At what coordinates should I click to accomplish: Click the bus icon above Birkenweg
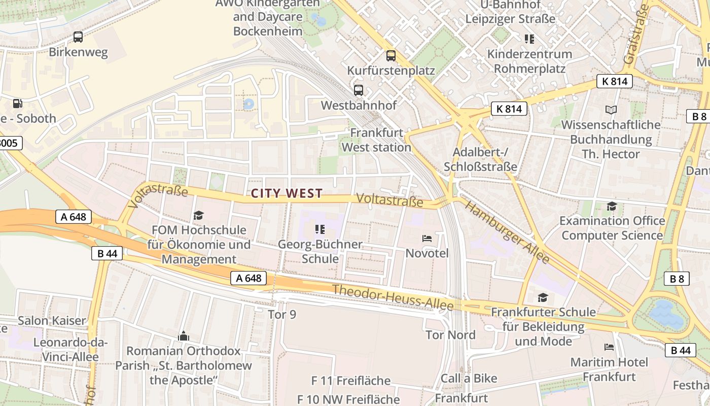(78, 37)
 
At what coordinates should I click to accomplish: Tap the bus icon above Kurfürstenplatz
(390, 55)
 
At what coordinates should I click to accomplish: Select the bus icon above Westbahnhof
(359, 90)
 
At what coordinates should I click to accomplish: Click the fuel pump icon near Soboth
(18, 104)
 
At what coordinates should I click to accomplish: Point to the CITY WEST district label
(287, 193)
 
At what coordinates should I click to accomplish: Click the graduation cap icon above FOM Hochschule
(198, 216)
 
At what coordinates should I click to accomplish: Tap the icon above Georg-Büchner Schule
(319, 229)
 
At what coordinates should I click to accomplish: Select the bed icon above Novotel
(427, 238)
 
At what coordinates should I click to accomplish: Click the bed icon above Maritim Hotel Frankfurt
(609, 347)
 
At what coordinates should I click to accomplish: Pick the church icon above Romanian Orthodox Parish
(183, 336)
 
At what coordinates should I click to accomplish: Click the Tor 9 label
(282, 315)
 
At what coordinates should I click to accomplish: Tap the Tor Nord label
(451, 335)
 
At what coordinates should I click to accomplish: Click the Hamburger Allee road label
(507, 232)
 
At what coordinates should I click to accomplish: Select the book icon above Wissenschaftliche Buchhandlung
(612, 110)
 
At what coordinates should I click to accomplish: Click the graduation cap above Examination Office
(612, 206)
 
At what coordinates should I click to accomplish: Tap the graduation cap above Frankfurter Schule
(543, 297)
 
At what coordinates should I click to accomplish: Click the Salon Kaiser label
(52, 321)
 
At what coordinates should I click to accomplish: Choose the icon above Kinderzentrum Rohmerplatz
(529, 39)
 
